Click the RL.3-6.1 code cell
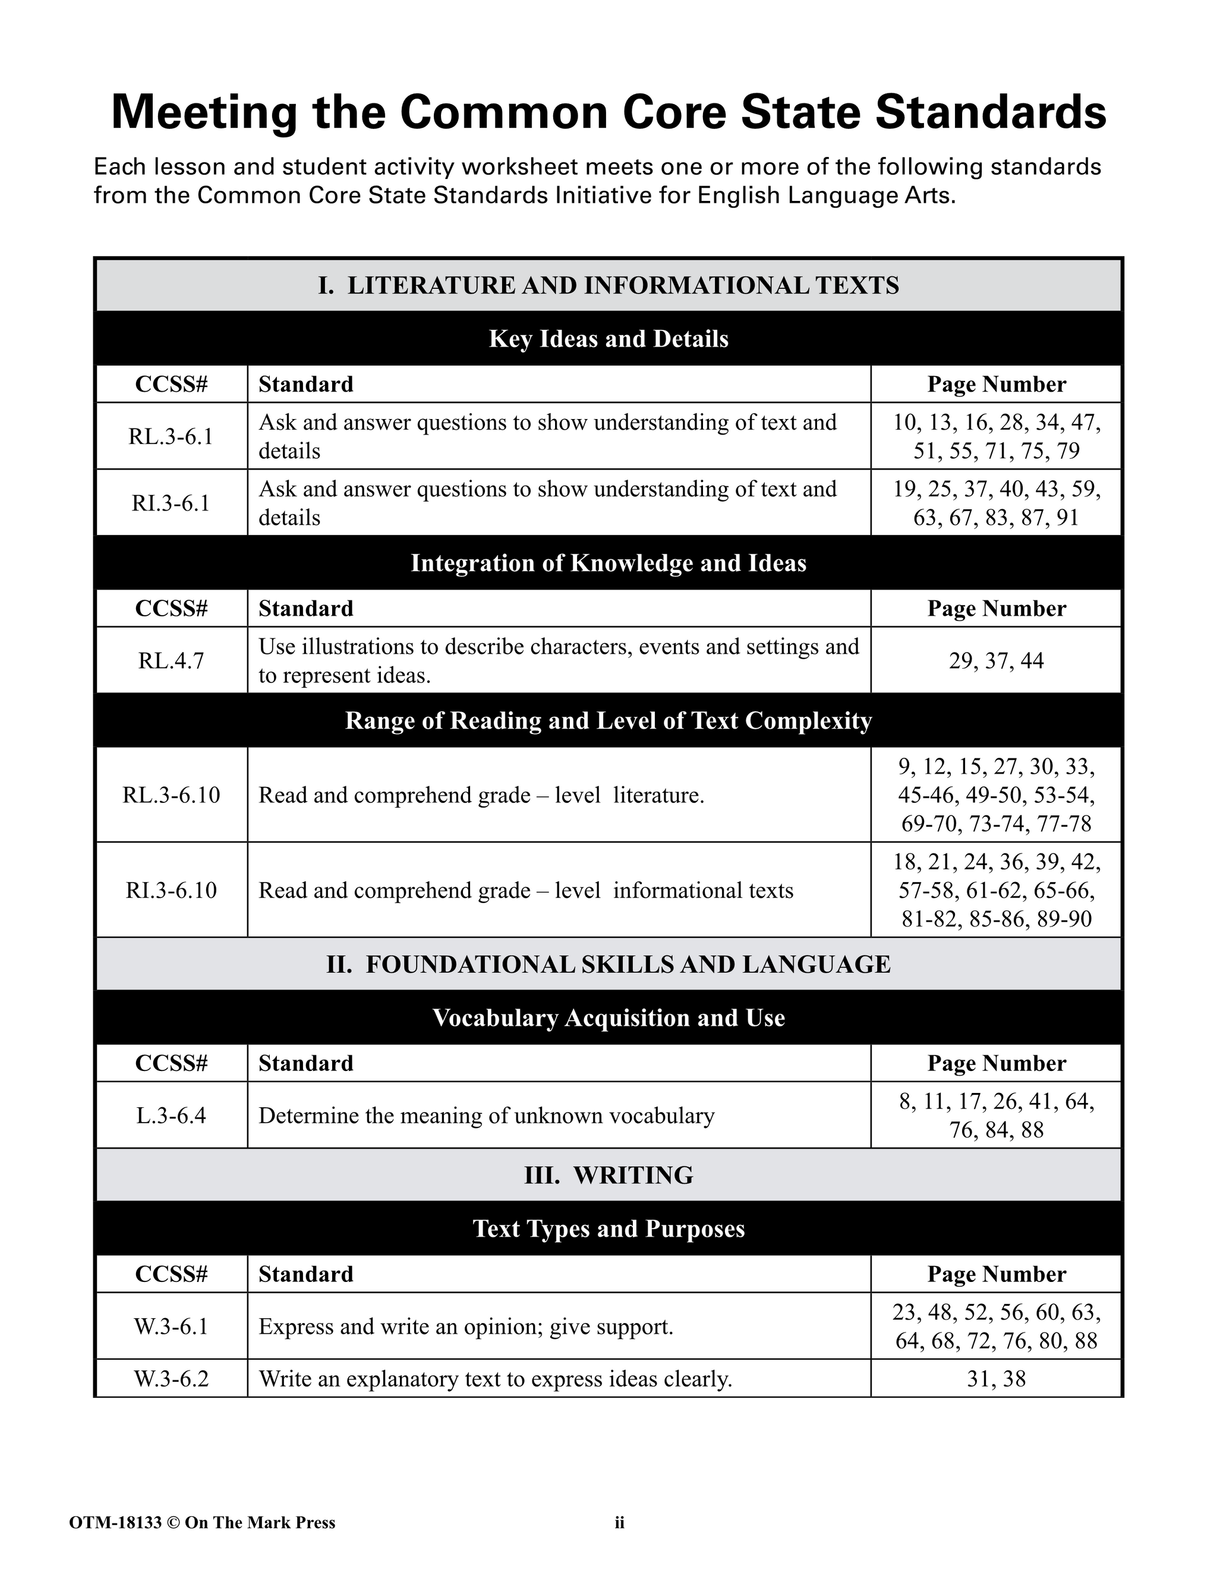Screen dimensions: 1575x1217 tap(171, 436)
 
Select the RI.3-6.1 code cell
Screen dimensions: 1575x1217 tap(171, 503)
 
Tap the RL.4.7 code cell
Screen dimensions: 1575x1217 tap(171, 660)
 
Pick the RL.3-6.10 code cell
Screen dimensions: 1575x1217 tap(171, 795)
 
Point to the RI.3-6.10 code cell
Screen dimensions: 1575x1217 tap(171, 890)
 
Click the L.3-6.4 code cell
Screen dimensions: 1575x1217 tap(171, 1116)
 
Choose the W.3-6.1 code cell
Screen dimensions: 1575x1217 tap(171, 1326)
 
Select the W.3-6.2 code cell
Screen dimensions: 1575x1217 tap(171, 1379)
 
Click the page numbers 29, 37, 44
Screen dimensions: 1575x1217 tap(996, 660)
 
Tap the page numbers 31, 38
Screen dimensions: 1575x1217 tap(996, 1379)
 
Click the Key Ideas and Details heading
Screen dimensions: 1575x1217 tap(608, 338)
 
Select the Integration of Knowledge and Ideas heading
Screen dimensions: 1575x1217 tap(608, 562)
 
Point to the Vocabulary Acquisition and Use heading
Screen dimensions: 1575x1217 tap(608, 1018)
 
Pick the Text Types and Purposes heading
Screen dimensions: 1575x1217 tap(608, 1228)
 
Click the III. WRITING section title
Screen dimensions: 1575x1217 tap(608, 1175)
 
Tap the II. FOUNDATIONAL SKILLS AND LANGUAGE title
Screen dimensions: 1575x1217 tap(608, 964)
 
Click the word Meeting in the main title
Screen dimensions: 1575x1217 tap(204, 113)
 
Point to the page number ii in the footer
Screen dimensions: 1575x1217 tap(619, 1522)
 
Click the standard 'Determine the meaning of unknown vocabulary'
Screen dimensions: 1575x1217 tap(486, 1116)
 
